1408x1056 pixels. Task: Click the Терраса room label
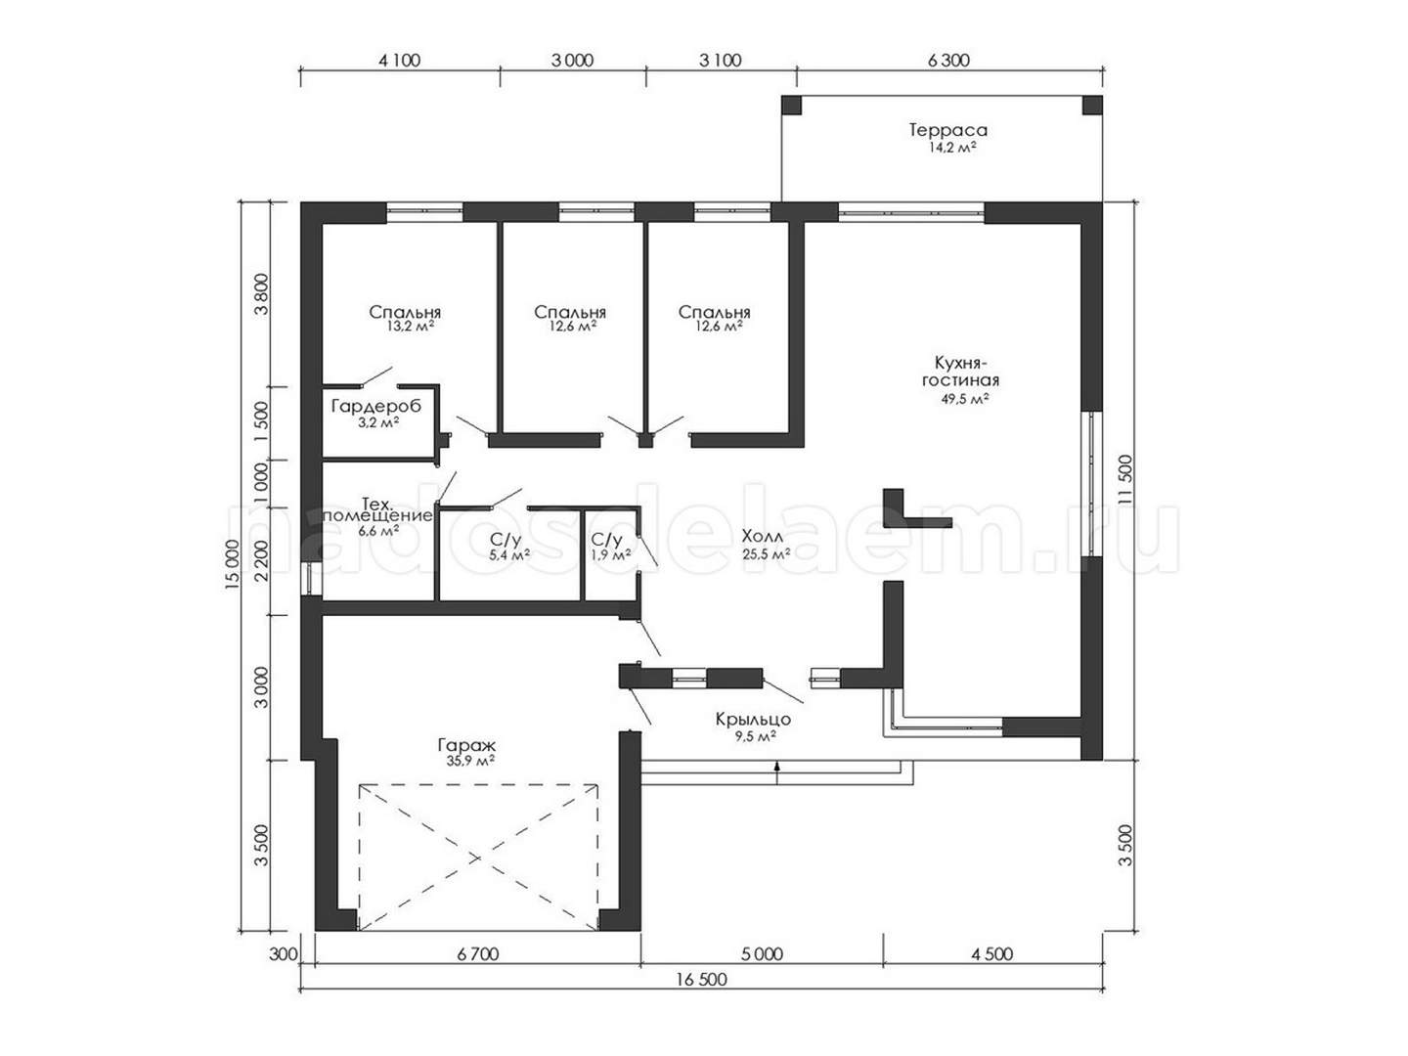pos(948,130)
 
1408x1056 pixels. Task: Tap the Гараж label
pos(466,746)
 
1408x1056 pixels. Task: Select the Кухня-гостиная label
pos(960,372)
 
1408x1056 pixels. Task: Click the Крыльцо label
pos(753,720)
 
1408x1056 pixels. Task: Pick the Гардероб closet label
pos(376,406)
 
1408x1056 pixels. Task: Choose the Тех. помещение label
pos(377,509)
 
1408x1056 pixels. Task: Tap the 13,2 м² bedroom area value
pos(410,327)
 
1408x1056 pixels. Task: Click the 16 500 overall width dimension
pos(702,979)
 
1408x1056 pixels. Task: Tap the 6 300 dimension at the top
pos(948,61)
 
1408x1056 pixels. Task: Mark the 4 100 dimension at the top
pos(400,61)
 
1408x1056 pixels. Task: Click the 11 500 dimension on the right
pos(1125,481)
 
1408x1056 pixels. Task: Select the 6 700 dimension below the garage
pos(478,954)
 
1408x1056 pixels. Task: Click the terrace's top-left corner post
pos(791,106)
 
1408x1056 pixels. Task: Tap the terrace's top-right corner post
pos(1092,106)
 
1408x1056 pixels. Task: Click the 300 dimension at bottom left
pos(284,954)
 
